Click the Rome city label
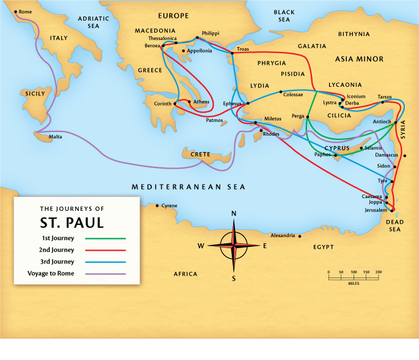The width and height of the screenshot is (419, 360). pos(26,12)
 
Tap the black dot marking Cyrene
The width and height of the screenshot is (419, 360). pos(158,205)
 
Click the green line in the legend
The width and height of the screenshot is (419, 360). pos(105,238)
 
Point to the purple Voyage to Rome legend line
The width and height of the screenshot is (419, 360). pos(105,274)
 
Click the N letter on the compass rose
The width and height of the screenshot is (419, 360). pos(233,213)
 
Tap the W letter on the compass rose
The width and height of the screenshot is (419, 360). pos(200,246)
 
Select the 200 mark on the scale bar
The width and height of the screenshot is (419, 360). pos(379,272)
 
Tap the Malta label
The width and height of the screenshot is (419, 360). pos(56,137)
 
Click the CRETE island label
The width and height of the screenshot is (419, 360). pos(200,155)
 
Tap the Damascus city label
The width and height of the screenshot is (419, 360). pos(386,155)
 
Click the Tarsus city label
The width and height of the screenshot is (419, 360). pos(385,97)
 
